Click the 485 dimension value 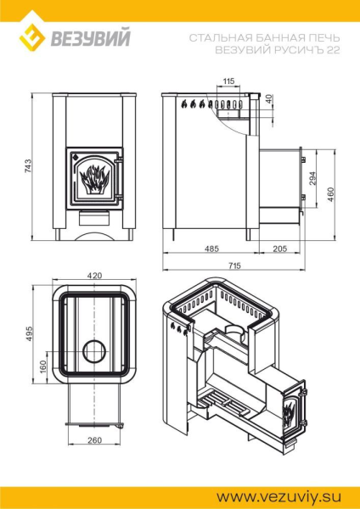coord(211,248)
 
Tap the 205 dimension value coord(280,248)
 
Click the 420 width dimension coord(94,276)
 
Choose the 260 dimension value coord(93,440)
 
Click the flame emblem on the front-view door coord(94,178)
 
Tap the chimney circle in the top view coord(94,350)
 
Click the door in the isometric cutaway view coord(291,412)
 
